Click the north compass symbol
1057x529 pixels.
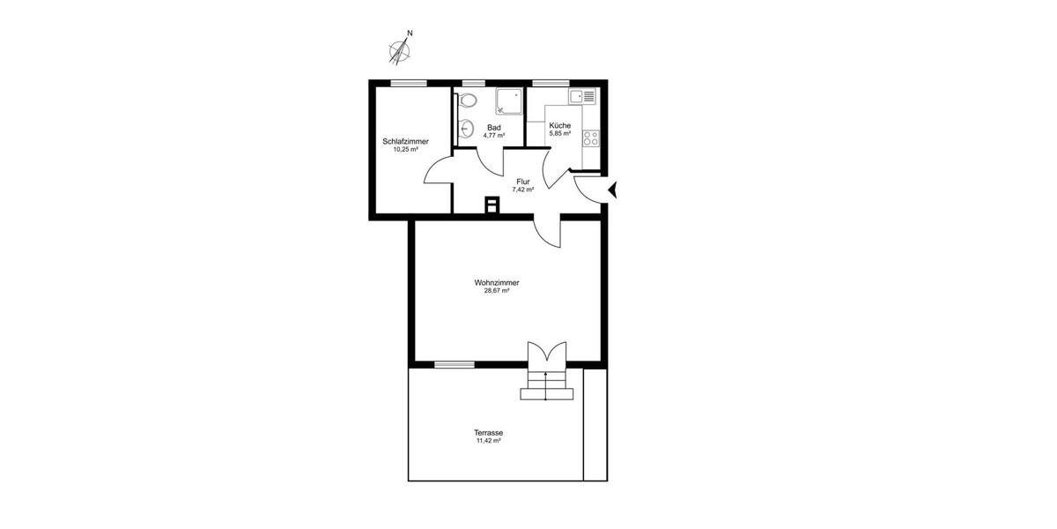pyautogui.click(x=402, y=50)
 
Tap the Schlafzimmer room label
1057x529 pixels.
pyautogui.click(x=405, y=141)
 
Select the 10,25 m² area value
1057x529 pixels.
pyautogui.click(x=405, y=150)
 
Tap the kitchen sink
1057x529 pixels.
pyautogui.click(x=583, y=95)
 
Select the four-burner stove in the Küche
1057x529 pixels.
pyautogui.click(x=590, y=138)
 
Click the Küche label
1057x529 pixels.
pyautogui.click(x=560, y=125)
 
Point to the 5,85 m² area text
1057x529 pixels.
pyautogui.click(x=560, y=134)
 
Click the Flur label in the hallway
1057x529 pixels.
pyautogui.click(x=522, y=182)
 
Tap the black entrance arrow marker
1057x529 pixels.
pyautogui.click(x=614, y=189)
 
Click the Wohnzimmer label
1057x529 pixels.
pyautogui.click(x=497, y=283)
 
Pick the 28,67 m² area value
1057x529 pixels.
pyautogui.click(x=497, y=291)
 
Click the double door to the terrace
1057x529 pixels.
pyautogui.click(x=546, y=353)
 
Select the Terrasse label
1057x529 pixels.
pyautogui.click(x=488, y=433)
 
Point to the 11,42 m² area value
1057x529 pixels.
pyautogui.click(x=488, y=441)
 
